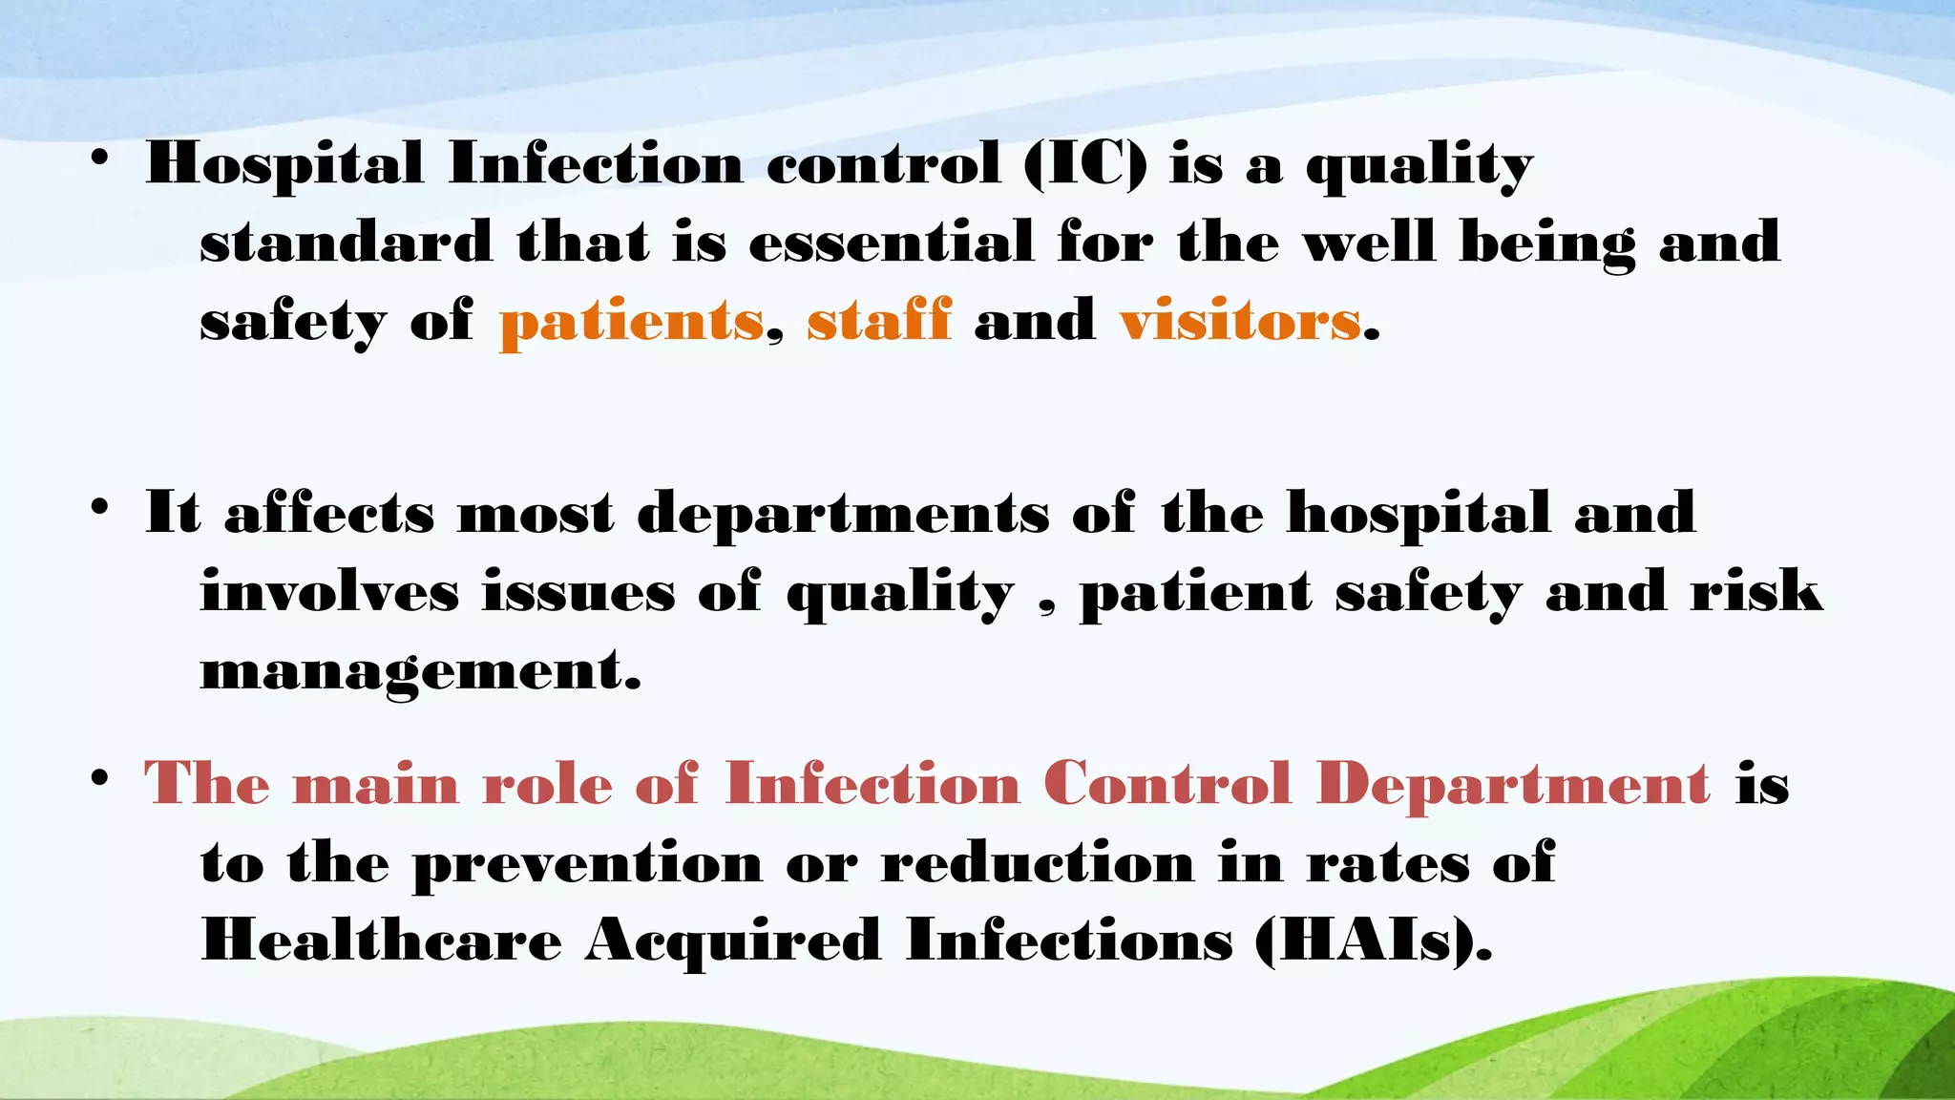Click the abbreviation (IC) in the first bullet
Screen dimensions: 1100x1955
pos(1084,164)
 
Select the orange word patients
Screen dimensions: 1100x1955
pos(631,321)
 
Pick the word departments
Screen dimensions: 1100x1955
pos(843,516)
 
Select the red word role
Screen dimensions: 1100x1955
pos(547,786)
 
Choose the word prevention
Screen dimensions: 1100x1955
pos(587,865)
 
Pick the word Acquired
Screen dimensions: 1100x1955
pos(733,942)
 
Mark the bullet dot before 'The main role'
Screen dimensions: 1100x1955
pos(99,780)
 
